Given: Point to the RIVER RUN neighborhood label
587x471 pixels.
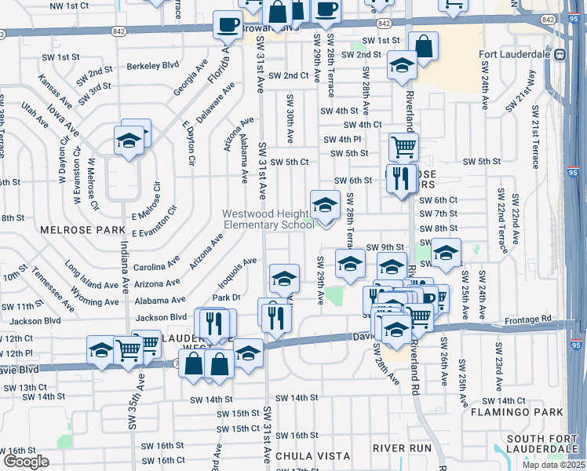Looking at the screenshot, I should (403, 447).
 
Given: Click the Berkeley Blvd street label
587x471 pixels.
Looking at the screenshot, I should (153, 68).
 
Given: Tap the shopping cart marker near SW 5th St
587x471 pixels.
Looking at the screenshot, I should (403, 145).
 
